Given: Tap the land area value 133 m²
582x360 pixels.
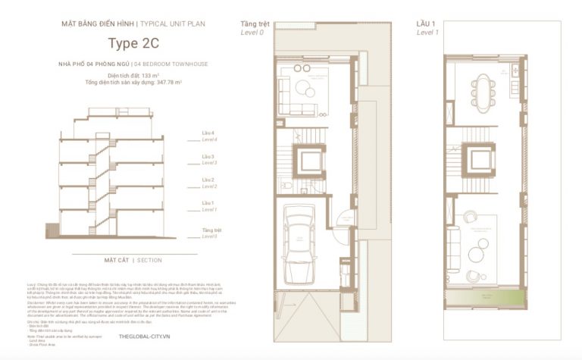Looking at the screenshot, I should click(x=152, y=77).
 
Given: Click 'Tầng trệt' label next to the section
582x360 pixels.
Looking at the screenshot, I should click(x=211, y=230).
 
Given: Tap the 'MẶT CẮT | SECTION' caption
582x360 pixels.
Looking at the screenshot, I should click(x=133, y=260).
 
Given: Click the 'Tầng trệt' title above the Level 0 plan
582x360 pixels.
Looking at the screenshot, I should click(x=255, y=24).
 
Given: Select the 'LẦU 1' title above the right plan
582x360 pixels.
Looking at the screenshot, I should click(x=426, y=24).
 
